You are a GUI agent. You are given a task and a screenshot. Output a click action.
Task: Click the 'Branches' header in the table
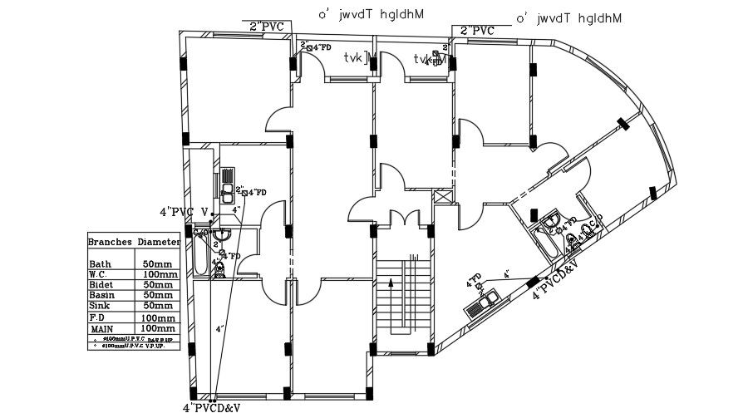tap(111, 242)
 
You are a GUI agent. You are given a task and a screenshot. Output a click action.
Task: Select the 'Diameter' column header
tap(158, 242)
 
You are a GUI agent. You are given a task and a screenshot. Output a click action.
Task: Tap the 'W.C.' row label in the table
tap(99, 274)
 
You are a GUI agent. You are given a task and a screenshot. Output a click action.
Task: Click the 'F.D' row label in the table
tap(97, 317)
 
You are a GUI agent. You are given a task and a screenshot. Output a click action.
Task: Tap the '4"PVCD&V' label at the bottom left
tap(211, 408)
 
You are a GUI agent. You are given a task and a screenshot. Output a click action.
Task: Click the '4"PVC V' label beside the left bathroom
tap(184, 211)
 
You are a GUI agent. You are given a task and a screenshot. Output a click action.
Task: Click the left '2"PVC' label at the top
tap(267, 27)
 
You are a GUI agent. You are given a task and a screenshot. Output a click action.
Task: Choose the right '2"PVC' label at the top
tap(477, 31)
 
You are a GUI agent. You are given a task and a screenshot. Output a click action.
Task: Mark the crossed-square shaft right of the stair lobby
tap(441, 198)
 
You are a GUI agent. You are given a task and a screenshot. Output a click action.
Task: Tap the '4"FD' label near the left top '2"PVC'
tap(321, 47)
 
